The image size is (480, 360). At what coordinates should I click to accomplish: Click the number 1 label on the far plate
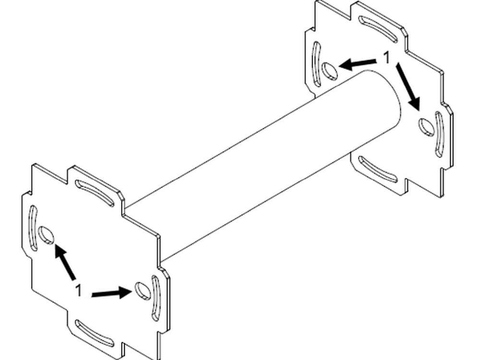[x=387, y=58]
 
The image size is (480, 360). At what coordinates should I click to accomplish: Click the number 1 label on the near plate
[x=79, y=290]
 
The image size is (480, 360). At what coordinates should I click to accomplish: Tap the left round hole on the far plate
[x=330, y=71]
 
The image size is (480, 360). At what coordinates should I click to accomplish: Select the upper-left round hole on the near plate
[x=47, y=235]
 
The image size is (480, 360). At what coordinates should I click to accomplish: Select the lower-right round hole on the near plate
[x=143, y=291]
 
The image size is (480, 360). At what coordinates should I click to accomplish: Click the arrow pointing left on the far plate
[x=358, y=64]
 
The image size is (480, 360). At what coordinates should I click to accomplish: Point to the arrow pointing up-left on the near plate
[x=65, y=262]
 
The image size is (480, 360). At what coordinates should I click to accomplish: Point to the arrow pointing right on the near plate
[x=112, y=293]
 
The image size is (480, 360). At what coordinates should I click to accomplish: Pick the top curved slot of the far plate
[x=378, y=29]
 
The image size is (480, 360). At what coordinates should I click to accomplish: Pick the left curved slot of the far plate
[x=316, y=64]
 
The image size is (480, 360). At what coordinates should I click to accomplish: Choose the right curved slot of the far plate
[x=439, y=135]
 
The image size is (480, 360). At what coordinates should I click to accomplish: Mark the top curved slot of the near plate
[x=95, y=193]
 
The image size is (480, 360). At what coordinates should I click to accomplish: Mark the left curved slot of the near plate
[x=33, y=228]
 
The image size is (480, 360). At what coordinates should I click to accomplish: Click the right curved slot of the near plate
[x=156, y=298]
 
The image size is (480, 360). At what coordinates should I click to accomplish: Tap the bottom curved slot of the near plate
[x=95, y=334]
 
